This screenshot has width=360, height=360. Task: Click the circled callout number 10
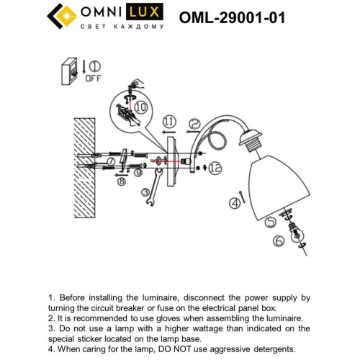[141, 108]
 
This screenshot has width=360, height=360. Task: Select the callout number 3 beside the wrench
[145, 193]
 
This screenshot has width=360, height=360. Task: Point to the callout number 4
[234, 204]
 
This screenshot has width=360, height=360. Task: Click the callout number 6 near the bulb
[277, 241]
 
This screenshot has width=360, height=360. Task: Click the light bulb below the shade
[294, 234]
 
